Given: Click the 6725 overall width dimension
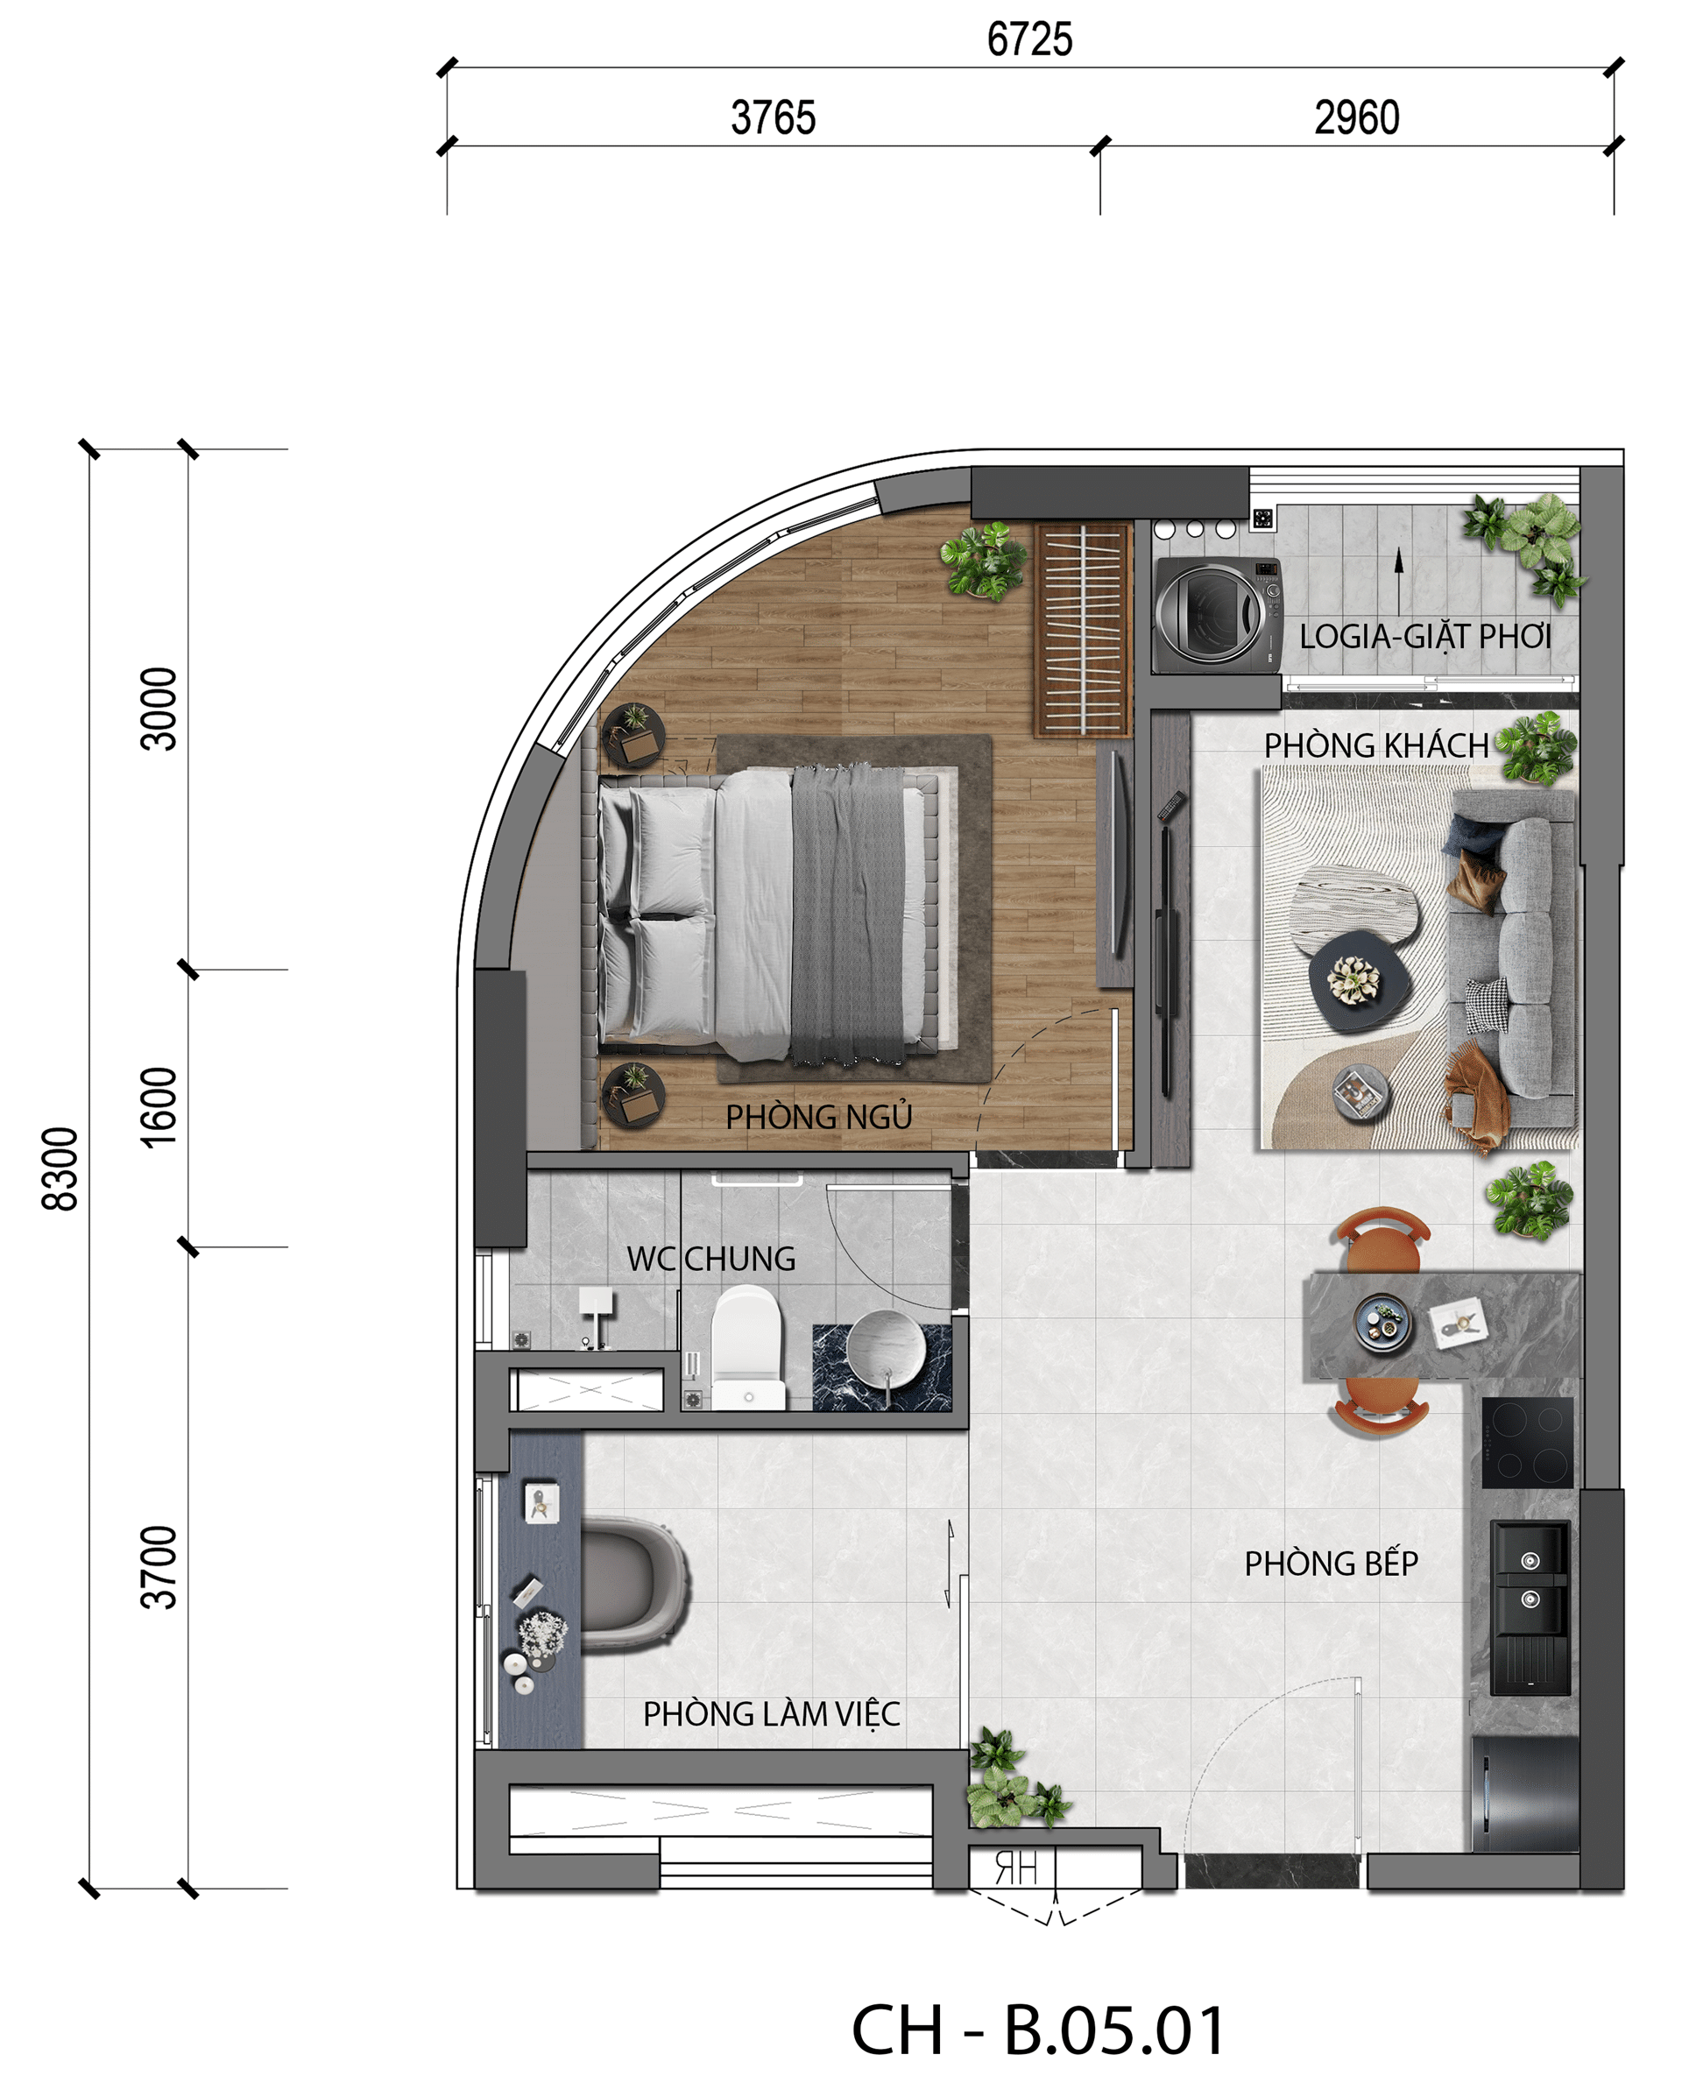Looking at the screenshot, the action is coord(1029,39).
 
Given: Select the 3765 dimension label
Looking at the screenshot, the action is coord(773,118).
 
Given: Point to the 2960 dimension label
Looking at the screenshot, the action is coord(1356,118).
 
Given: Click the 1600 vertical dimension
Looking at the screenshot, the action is coord(159,1107).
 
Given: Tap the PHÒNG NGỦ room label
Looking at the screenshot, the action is coord(819,1117).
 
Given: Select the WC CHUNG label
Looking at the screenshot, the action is coord(710,1258).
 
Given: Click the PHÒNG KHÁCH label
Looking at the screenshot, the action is coord(1375,745).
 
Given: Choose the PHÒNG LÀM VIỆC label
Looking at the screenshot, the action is coord(772,1714).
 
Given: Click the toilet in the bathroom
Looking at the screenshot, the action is coord(746,1347).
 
